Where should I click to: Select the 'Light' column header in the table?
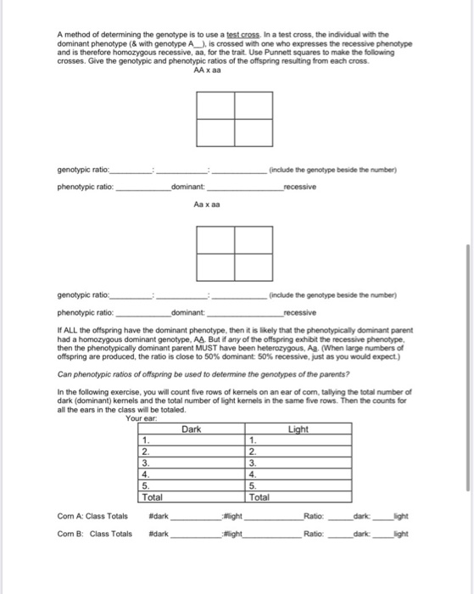(x=298, y=429)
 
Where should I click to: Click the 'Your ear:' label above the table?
(x=141, y=418)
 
